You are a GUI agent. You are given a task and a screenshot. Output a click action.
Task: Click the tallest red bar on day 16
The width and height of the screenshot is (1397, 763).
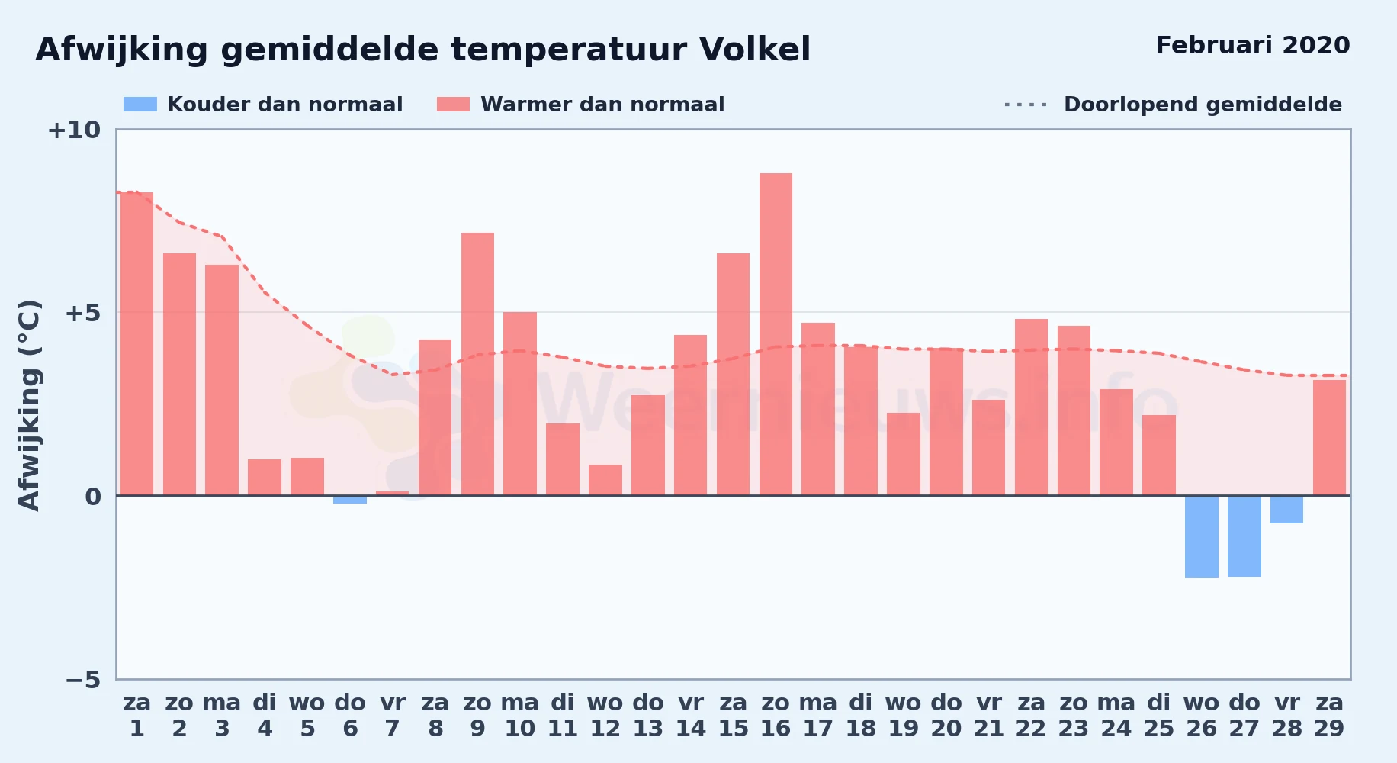point(776,334)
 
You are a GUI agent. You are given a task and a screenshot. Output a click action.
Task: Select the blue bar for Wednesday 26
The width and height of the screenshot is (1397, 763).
point(1201,536)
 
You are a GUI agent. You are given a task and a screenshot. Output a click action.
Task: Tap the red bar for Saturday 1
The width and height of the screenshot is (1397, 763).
point(136,344)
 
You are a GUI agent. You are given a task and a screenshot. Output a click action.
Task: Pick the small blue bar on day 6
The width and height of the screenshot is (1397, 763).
point(350,500)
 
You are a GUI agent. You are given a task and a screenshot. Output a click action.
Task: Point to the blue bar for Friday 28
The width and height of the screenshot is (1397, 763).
point(1286,510)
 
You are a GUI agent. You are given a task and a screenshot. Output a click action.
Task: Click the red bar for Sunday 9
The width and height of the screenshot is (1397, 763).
point(477,364)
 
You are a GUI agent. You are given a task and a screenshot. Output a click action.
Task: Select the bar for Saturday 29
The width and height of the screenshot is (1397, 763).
point(1329,438)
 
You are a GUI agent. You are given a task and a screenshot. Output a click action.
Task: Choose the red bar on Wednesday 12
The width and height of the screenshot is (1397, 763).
point(605,480)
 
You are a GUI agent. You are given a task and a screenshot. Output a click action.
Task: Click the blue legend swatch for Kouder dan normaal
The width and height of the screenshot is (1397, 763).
point(140,105)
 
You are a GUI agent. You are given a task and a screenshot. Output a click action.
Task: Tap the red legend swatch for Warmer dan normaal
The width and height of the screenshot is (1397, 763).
point(454,105)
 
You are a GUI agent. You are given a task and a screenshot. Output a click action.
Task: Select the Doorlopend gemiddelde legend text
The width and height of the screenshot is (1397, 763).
point(1203,105)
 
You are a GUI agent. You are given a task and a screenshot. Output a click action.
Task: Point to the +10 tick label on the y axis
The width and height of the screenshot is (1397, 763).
point(74,130)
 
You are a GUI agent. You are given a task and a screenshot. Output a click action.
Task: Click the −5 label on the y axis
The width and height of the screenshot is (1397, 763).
point(82,679)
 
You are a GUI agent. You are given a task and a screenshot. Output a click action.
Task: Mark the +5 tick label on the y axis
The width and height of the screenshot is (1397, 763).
point(82,313)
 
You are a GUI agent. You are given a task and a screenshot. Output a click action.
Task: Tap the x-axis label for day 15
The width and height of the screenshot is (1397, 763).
point(733,715)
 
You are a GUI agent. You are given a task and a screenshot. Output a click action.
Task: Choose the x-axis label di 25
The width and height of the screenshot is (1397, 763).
point(1158,715)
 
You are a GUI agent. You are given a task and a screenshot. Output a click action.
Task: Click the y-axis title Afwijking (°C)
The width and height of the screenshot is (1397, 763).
point(29,405)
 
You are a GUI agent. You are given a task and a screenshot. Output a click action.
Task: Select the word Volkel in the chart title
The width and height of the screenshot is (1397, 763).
point(755,50)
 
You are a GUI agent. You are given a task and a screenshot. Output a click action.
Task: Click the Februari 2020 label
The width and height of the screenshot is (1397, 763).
point(1253,45)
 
